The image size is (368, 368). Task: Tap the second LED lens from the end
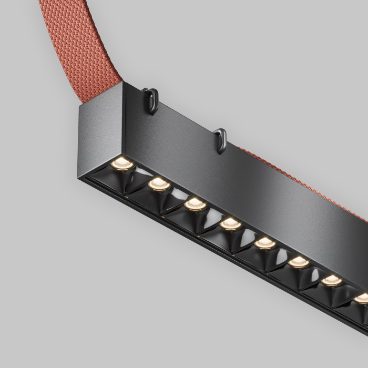tap(158, 183)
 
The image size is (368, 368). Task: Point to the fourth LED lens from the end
tap(230, 224)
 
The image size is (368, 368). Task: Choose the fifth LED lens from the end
tap(265, 243)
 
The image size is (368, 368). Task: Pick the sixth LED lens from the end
tap(299, 261)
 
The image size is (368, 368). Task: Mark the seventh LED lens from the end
tap(331, 280)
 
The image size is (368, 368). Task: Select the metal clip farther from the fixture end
tap(221, 139)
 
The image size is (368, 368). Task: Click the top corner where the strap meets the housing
tap(124, 83)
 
